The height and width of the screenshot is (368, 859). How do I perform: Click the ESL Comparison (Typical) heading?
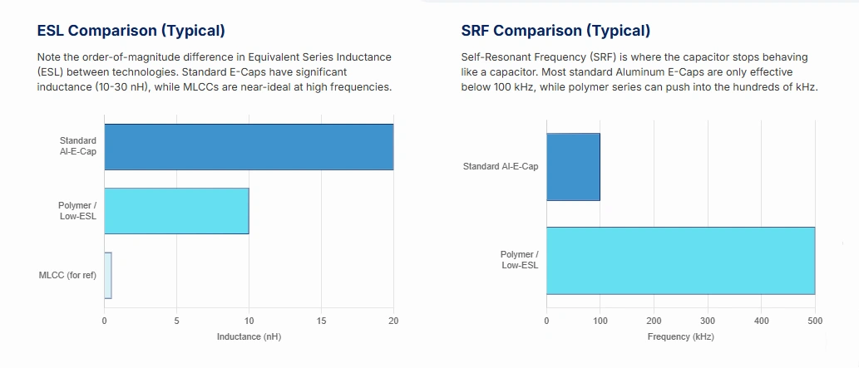point(131,31)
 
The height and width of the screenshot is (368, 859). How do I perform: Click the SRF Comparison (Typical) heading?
point(555,31)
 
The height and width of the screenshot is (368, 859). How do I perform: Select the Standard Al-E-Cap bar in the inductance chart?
point(249,147)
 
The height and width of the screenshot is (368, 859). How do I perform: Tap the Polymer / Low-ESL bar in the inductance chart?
point(176,211)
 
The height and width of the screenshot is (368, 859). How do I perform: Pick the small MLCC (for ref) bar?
point(108,275)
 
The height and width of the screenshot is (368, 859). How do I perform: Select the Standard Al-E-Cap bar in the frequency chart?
point(573,166)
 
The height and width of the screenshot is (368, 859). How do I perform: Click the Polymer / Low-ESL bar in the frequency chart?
point(680,260)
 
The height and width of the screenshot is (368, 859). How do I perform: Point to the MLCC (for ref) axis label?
point(67,275)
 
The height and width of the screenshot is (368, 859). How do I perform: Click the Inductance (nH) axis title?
point(249,336)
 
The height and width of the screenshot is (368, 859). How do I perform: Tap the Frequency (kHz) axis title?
point(680,336)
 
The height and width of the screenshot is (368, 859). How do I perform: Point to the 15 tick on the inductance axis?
point(321,321)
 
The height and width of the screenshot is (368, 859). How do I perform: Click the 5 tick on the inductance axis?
point(176,321)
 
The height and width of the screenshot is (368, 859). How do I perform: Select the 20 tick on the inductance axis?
point(393,321)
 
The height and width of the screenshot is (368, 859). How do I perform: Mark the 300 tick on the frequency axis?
point(708,321)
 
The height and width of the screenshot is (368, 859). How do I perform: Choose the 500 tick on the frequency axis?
point(815,321)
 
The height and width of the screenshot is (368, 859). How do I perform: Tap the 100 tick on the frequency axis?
point(600,321)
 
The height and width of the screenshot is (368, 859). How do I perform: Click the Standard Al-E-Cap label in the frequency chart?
point(501,166)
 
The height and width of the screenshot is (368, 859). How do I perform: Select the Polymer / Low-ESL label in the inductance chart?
point(77,211)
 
